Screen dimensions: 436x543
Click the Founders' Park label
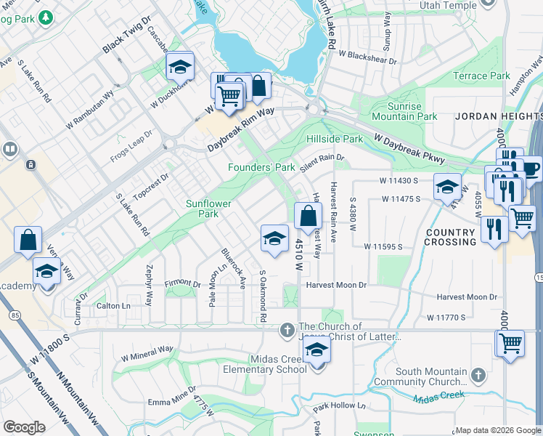coord(261,168)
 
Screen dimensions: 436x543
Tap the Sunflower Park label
coord(208,209)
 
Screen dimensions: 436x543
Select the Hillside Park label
coord(334,139)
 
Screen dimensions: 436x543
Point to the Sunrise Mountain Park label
coord(404,111)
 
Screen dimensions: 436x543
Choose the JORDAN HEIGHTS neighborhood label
coord(498,116)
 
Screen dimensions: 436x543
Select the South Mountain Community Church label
coord(422,376)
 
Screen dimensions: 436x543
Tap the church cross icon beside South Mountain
coord(478,374)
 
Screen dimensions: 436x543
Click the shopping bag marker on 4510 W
coord(309,215)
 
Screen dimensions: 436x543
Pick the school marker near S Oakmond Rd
coord(274,238)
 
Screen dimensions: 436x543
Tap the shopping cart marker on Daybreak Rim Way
coord(229,95)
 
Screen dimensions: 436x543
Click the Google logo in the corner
coord(24,427)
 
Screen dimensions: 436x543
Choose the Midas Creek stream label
coord(438,397)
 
